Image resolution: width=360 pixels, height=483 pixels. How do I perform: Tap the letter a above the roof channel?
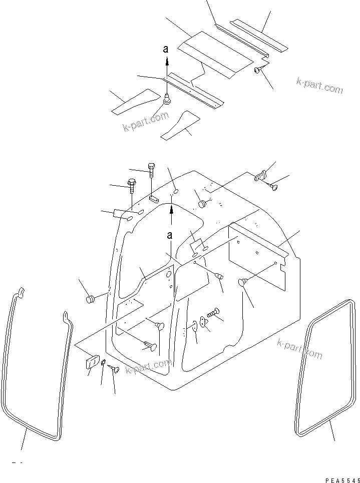pos(167,49)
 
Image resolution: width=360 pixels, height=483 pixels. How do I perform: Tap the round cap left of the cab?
pos(91,299)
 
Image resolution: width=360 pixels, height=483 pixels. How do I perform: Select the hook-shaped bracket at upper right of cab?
pos(259,176)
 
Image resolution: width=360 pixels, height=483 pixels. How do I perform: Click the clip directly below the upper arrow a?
pos(167,100)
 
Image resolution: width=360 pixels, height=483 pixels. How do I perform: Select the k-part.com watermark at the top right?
pos(319,86)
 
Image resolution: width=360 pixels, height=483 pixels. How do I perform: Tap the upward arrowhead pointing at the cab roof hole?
pos(172,211)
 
